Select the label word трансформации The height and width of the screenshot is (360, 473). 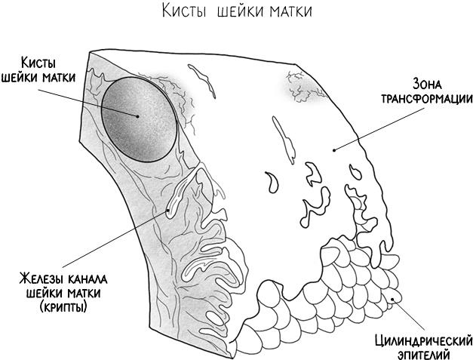pos(427,98)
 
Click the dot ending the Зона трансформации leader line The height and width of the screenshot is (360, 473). pos(333,149)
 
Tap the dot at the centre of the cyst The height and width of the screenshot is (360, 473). pos(138,115)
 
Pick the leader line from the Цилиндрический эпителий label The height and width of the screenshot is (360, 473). pos(411,315)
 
